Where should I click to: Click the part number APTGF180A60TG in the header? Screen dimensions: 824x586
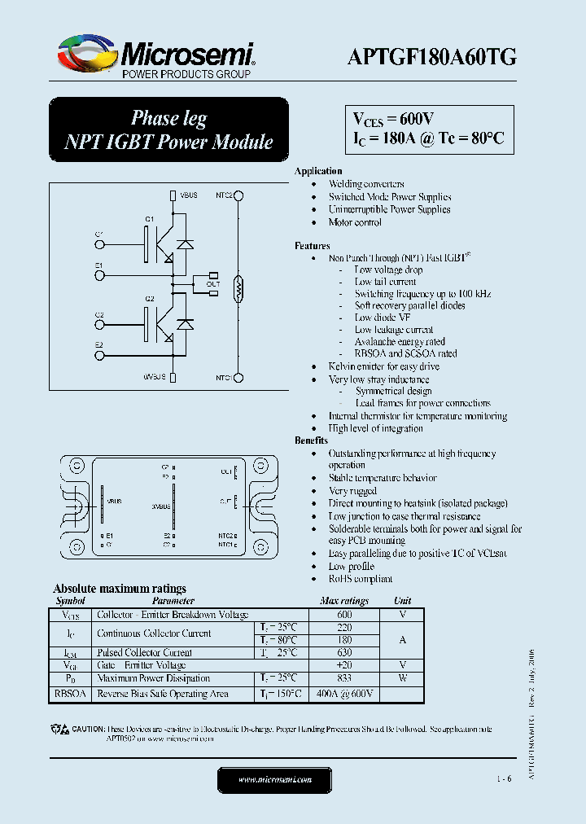(x=431, y=56)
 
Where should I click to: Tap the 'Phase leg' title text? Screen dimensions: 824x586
(x=169, y=118)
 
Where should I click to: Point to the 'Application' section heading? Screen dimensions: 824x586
(x=318, y=171)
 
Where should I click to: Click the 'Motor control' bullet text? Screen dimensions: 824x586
(x=355, y=222)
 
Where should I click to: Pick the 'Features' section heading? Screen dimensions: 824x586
(x=313, y=246)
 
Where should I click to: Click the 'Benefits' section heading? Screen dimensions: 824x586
(x=312, y=440)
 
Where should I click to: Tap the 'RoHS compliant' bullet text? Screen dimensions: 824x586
(x=360, y=579)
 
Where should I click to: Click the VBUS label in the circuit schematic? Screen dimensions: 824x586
(x=188, y=195)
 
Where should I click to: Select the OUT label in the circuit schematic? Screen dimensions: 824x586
(x=212, y=284)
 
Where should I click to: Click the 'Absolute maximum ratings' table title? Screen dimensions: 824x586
(x=120, y=588)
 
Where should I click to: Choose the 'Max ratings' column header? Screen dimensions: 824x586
(x=343, y=601)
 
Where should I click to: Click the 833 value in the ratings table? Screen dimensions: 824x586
(x=343, y=678)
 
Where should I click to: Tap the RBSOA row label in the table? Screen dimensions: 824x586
(x=71, y=694)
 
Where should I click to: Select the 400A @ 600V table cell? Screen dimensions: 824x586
(x=343, y=694)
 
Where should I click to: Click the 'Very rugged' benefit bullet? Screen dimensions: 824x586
(x=352, y=491)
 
